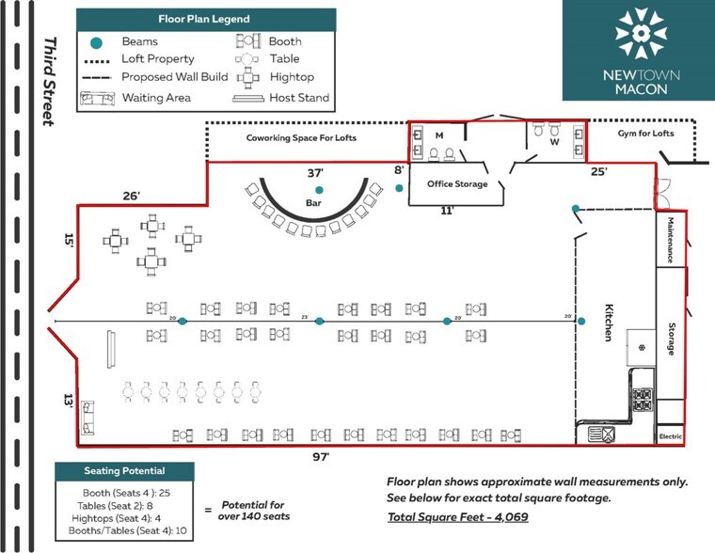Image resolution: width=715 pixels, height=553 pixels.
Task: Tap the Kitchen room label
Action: [x=609, y=323]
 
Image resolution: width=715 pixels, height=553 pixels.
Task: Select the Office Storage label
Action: [x=458, y=184]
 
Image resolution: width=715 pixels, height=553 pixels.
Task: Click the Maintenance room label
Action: [x=671, y=240]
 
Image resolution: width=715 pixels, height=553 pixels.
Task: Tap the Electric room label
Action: [x=670, y=436]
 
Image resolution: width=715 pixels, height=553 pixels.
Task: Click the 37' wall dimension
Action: [x=315, y=173]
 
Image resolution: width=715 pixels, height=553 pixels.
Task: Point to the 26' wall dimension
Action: [x=131, y=196]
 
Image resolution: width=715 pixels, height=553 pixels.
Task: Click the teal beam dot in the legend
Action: [x=96, y=41]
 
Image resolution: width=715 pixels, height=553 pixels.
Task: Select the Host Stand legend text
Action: [x=299, y=97]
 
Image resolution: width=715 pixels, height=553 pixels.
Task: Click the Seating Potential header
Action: [x=124, y=470]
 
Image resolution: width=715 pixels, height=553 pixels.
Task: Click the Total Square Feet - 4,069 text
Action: [x=453, y=517]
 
